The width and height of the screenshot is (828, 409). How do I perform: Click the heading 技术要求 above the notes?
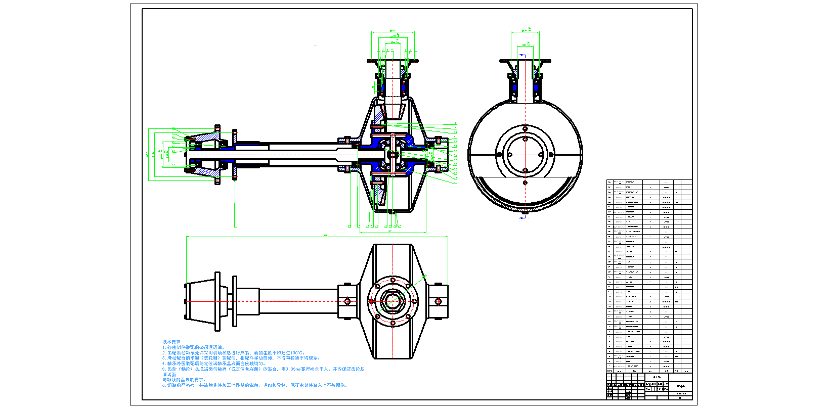pos(171,342)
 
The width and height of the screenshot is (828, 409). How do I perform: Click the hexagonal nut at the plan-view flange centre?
pos(393,301)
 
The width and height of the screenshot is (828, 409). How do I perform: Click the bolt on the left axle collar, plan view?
pos(347,302)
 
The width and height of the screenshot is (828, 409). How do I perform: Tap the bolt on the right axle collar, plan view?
pos(438,302)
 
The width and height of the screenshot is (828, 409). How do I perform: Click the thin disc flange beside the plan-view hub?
pos(235,301)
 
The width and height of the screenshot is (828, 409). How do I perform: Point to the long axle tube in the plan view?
pos(298,301)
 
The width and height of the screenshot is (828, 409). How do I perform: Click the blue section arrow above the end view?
pos(524,44)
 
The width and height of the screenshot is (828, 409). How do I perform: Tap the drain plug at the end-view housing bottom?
pos(525,212)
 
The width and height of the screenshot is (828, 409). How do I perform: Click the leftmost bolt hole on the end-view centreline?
pos(499,155)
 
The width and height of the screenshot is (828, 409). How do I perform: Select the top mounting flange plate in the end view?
pos(525,61)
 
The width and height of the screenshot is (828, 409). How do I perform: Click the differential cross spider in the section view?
pos(393,154)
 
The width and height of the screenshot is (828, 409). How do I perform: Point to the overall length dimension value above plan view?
pos(325,235)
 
